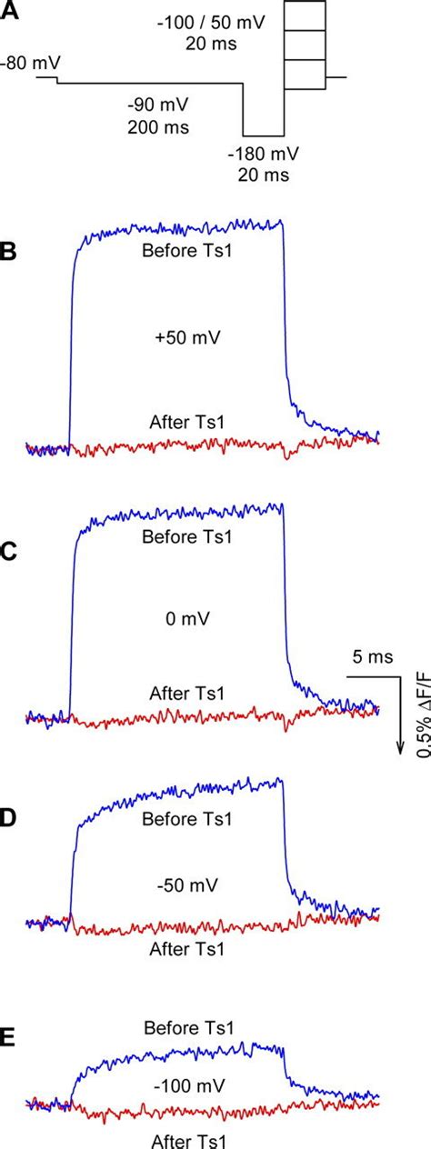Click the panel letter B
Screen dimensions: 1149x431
(x=9, y=251)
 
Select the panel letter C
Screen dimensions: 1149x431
(x=9, y=550)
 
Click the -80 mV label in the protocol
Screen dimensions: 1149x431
(x=19, y=64)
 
